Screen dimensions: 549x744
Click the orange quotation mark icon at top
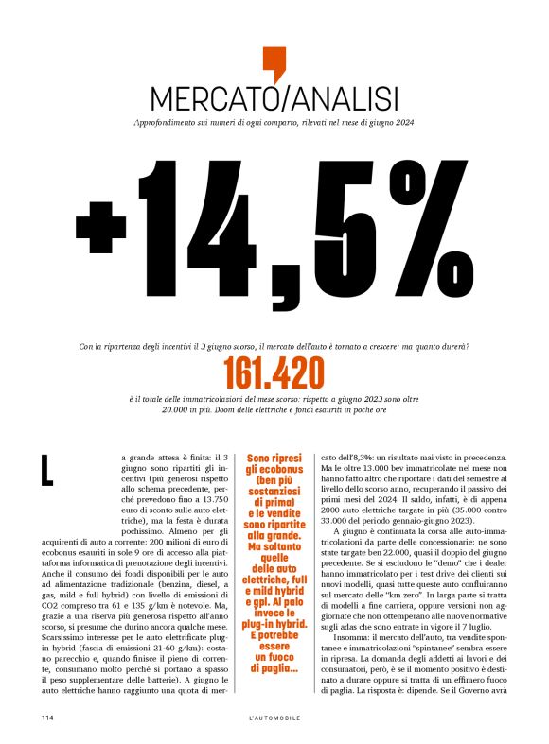(x=274, y=63)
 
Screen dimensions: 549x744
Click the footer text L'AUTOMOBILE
(x=274, y=718)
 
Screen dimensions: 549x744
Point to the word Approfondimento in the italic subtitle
(x=168, y=123)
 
